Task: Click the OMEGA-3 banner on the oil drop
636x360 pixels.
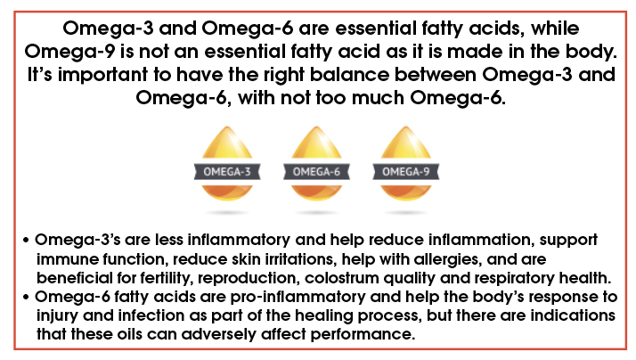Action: [x=227, y=172]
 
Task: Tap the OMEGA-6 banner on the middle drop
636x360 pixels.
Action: [x=316, y=172]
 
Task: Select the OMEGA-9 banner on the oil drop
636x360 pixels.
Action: [x=405, y=172]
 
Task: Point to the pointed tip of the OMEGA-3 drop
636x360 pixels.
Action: [x=227, y=127]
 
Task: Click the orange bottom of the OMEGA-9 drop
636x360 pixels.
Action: [x=405, y=192]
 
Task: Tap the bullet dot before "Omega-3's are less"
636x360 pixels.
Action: [x=27, y=241]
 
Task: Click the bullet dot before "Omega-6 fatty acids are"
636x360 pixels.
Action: [x=27, y=298]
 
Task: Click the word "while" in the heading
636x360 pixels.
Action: [x=555, y=29]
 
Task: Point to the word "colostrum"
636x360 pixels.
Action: [x=341, y=278]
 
